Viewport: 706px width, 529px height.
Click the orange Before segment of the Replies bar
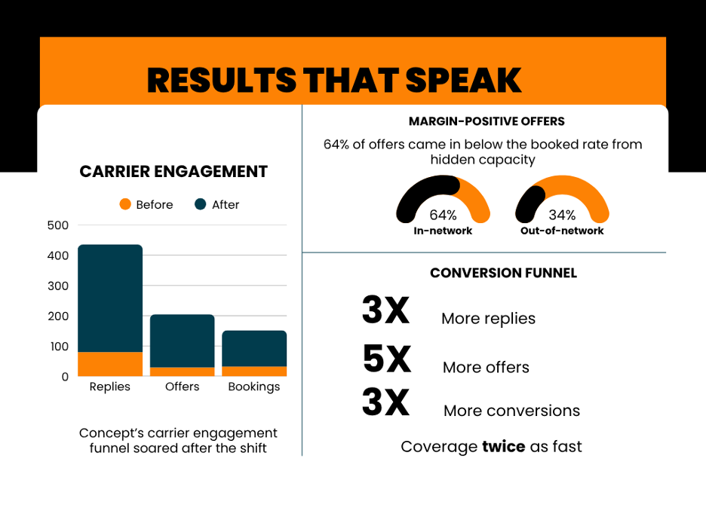[110, 364]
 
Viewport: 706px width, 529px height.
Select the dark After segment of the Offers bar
[183, 341]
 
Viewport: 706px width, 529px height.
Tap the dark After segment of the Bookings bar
[254, 349]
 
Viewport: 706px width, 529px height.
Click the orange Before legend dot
[125, 204]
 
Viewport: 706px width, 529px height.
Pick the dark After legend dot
[201, 204]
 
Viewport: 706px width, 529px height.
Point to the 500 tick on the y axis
[58, 225]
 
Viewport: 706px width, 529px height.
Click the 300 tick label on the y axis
[58, 286]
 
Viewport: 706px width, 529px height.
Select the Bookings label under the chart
[254, 387]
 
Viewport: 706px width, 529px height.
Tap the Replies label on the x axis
[110, 387]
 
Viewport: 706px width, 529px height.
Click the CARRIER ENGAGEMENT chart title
[173, 171]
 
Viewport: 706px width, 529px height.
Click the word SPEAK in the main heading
[463, 80]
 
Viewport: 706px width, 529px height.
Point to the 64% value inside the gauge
[443, 215]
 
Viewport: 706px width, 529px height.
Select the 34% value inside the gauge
[562, 215]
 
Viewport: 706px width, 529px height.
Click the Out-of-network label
[562, 231]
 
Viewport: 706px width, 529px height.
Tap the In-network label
[443, 231]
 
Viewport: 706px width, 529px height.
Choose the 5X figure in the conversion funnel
[387, 359]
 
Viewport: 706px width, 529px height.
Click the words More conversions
[512, 411]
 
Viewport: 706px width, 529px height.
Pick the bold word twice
[503, 446]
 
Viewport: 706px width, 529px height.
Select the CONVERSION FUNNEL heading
[503, 273]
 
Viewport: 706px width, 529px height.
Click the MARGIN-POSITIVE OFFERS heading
[487, 121]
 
